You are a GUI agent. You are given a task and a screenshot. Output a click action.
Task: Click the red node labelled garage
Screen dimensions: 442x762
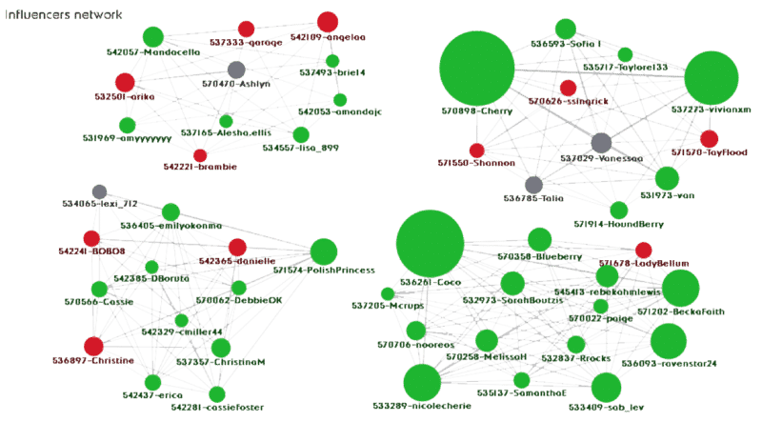[246, 30]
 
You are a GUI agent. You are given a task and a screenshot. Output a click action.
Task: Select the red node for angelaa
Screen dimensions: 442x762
[327, 21]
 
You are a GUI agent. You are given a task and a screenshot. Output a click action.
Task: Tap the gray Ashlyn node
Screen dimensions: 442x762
[236, 70]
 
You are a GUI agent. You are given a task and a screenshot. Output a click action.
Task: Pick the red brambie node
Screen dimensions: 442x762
[200, 155]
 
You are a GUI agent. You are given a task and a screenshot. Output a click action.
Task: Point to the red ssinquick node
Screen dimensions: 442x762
[568, 88]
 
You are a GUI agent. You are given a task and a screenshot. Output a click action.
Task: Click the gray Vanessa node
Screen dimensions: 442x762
[600, 143]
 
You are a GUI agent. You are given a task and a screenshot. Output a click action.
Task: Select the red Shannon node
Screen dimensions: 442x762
[476, 151]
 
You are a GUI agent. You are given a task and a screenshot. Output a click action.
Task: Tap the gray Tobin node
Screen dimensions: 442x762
[533, 185]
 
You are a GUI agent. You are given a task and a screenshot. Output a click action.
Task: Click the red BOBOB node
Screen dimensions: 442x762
[91, 237]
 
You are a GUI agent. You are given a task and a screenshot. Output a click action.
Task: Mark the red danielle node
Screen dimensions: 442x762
[237, 247]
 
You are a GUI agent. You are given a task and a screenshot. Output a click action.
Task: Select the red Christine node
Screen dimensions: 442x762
[93, 346]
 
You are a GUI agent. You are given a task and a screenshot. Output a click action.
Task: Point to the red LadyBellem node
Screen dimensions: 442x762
[643, 250]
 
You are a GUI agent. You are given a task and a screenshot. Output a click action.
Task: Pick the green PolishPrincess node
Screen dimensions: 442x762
[323, 251]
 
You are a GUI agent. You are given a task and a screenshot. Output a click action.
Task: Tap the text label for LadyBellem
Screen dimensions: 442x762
[628, 263]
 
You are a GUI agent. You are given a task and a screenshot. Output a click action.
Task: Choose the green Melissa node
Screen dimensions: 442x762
[487, 340]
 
